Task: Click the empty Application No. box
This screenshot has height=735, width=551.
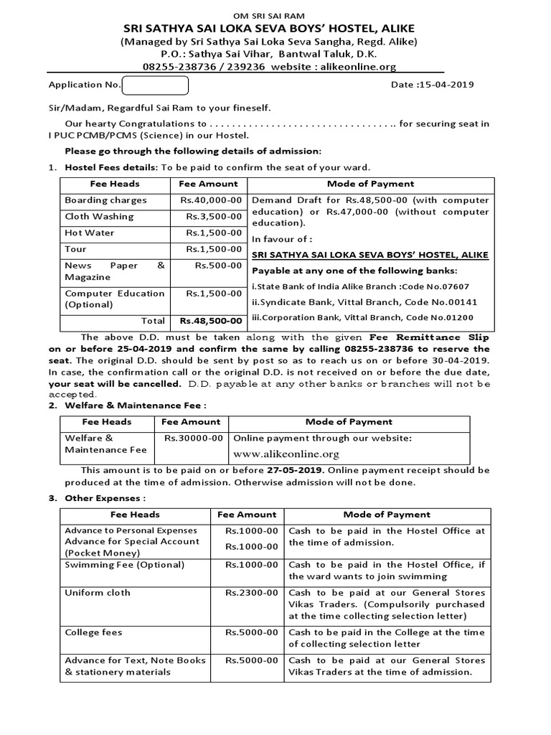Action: coord(155,85)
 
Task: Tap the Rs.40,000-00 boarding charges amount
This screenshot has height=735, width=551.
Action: coord(212,200)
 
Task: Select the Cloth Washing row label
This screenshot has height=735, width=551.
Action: coord(99,216)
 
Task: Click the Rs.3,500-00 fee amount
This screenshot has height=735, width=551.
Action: coord(215,216)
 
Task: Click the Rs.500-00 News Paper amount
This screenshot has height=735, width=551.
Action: coord(219,266)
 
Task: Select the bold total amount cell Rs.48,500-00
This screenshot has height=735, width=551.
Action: coord(211,321)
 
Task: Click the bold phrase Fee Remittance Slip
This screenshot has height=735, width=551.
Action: coord(429,337)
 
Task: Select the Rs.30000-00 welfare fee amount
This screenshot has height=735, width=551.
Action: coord(193,438)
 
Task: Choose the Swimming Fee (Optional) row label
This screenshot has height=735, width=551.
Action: coord(124,565)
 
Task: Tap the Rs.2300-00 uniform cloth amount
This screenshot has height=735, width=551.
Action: coord(251,593)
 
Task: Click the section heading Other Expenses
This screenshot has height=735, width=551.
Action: coord(105,497)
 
